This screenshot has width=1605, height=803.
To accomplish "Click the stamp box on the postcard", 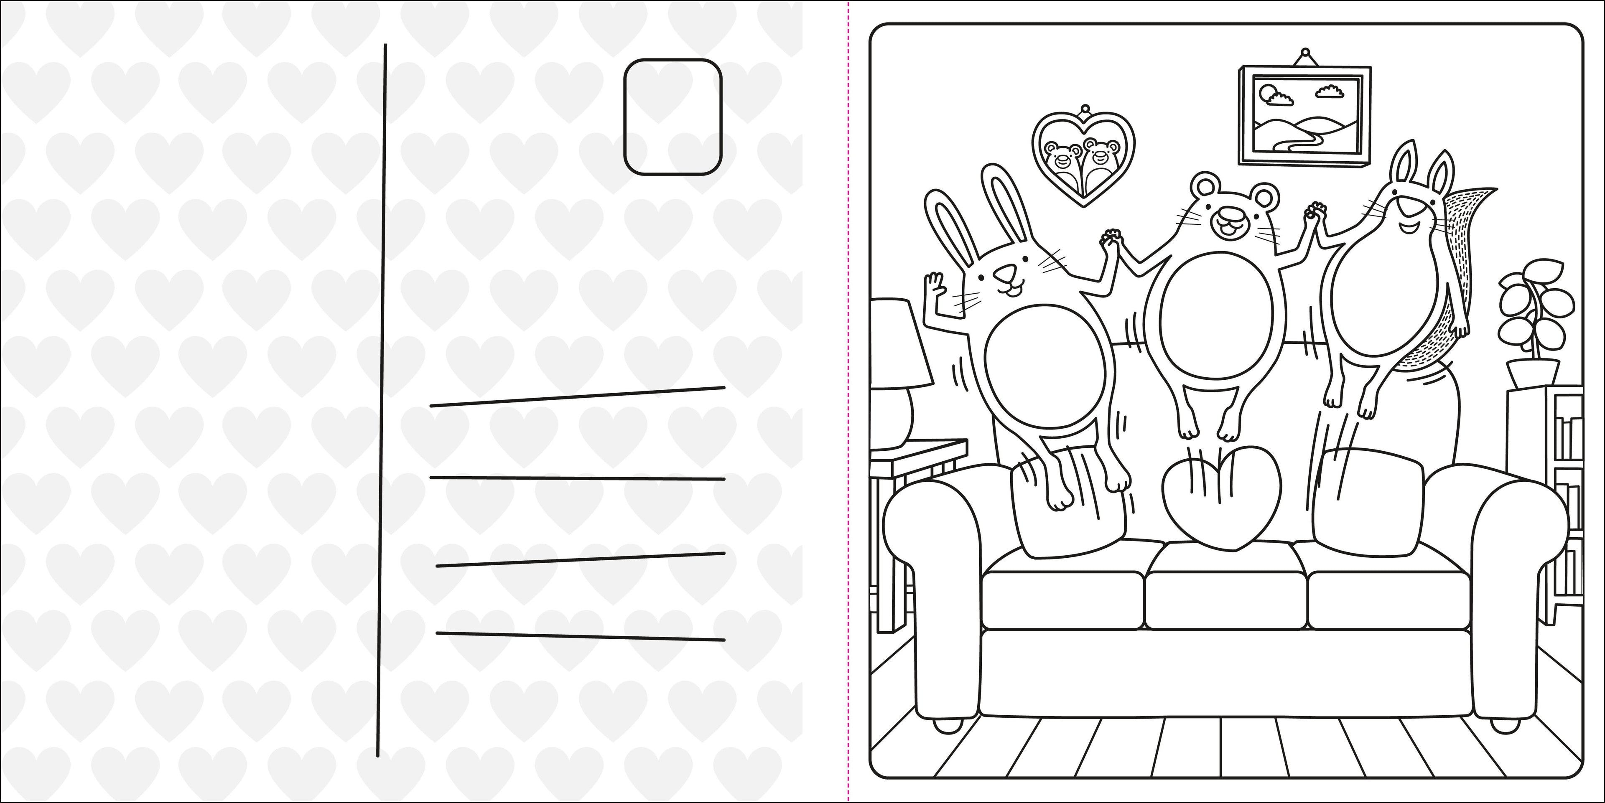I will (672, 117).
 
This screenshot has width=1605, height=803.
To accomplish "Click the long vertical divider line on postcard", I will (381, 399).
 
